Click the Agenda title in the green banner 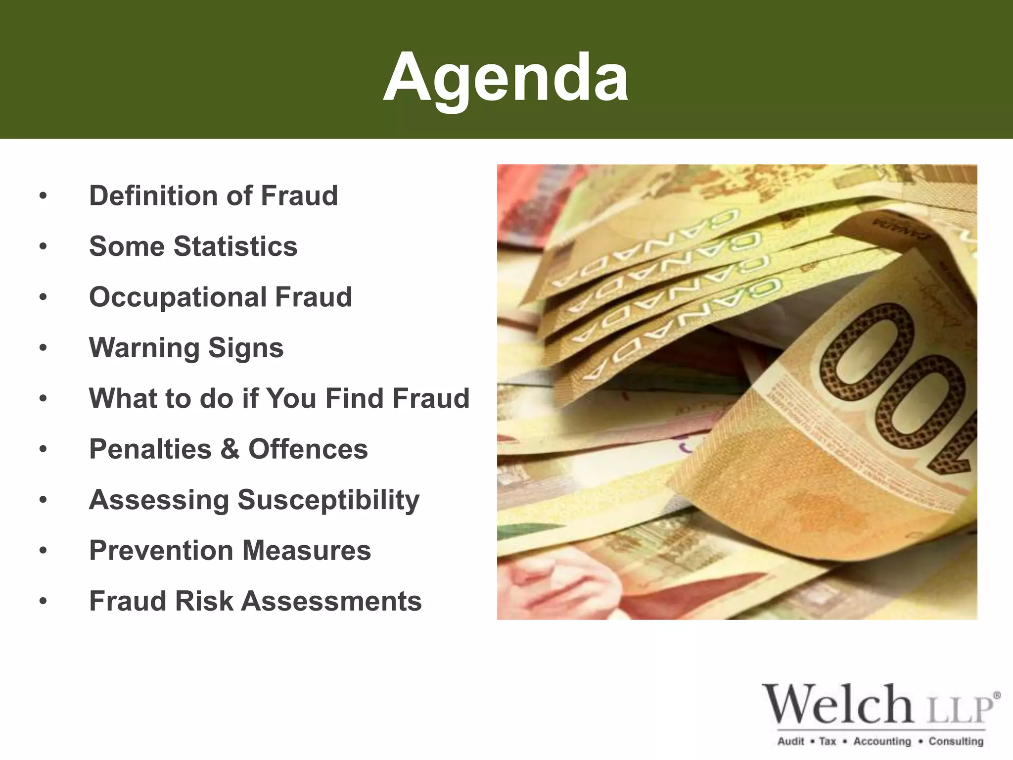coord(506,78)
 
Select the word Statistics coord(235,246)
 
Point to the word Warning coord(144,347)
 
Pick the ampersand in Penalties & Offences coord(230,449)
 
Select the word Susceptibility coord(328,500)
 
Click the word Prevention coord(161,551)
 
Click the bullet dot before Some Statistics coord(44,246)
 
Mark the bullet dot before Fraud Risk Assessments coord(44,602)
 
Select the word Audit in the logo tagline coord(791,741)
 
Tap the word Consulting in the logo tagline coord(956,741)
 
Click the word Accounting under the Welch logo coord(882,741)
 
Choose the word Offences coord(308,449)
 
